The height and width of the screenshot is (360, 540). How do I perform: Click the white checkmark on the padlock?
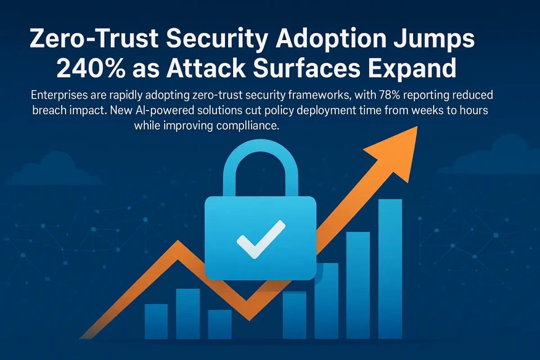(261, 239)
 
